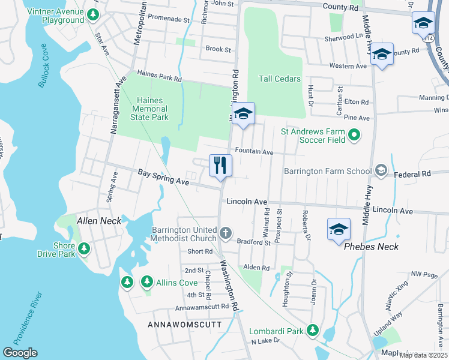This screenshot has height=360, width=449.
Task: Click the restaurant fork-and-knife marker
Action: [220, 165]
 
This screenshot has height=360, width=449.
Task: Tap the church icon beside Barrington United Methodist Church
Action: [226, 232]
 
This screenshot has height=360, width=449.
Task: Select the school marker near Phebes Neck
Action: [339, 229]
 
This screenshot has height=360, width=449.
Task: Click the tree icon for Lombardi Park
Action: [312, 330]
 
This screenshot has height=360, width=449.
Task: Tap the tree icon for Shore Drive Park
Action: [83, 248]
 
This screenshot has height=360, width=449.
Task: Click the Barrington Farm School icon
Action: [380, 172]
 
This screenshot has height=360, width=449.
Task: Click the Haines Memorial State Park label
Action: [144, 109]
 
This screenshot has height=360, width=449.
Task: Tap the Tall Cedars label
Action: [279, 79]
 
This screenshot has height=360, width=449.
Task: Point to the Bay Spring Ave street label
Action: [163, 176]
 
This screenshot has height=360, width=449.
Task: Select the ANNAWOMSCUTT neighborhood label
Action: [184, 325]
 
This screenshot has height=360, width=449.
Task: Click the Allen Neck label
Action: [99, 221]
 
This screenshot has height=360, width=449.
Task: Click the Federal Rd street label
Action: [412, 174]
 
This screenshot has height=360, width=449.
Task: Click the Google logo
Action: [20, 353]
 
